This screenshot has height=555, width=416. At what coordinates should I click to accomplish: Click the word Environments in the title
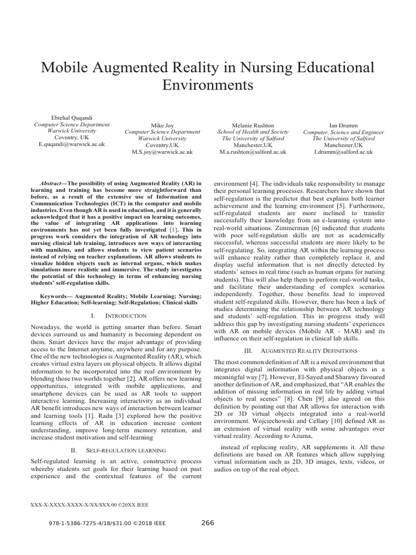(x=208, y=86)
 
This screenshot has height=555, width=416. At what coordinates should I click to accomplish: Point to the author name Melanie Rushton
(x=253, y=125)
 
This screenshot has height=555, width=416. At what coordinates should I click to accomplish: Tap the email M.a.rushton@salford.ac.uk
(x=253, y=153)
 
